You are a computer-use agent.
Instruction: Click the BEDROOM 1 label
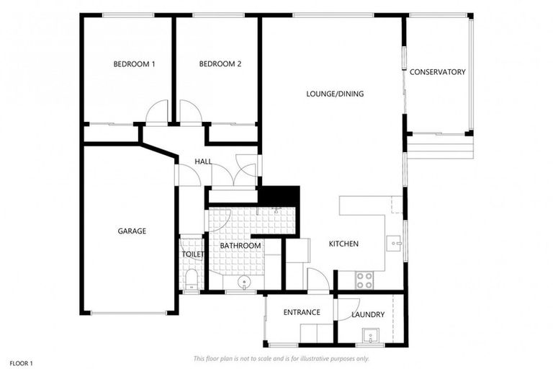coord(134,64)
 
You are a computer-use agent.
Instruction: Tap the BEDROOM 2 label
coord(220,64)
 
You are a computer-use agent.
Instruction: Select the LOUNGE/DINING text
coord(335,94)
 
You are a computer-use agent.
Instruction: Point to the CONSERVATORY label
coord(437,72)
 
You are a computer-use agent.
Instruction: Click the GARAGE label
coord(132,231)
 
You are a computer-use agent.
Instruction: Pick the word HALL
coord(203,161)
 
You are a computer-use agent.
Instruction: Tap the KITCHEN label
coord(343,244)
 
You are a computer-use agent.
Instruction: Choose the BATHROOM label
coord(240,246)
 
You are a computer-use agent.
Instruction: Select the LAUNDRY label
coord(368,315)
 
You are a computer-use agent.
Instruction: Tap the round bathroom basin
coord(245,282)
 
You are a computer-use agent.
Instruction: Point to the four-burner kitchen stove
coord(364,277)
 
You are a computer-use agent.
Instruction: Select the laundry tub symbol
coord(371,336)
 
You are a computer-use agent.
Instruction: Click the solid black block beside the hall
coord(279,195)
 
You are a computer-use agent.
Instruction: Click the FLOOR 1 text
coord(21,363)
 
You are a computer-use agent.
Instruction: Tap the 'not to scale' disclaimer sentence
coord(282,358)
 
